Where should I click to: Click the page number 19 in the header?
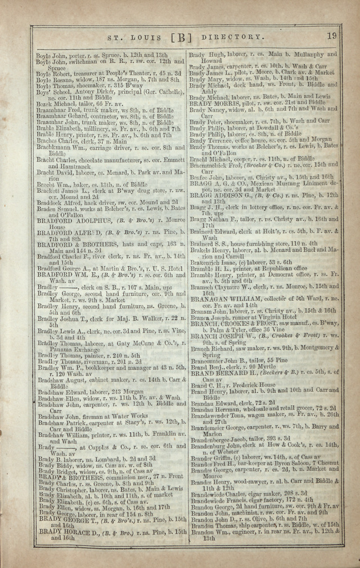point(332,36)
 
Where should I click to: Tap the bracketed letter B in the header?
point(181,38)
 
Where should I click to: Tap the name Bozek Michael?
point(54,105)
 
